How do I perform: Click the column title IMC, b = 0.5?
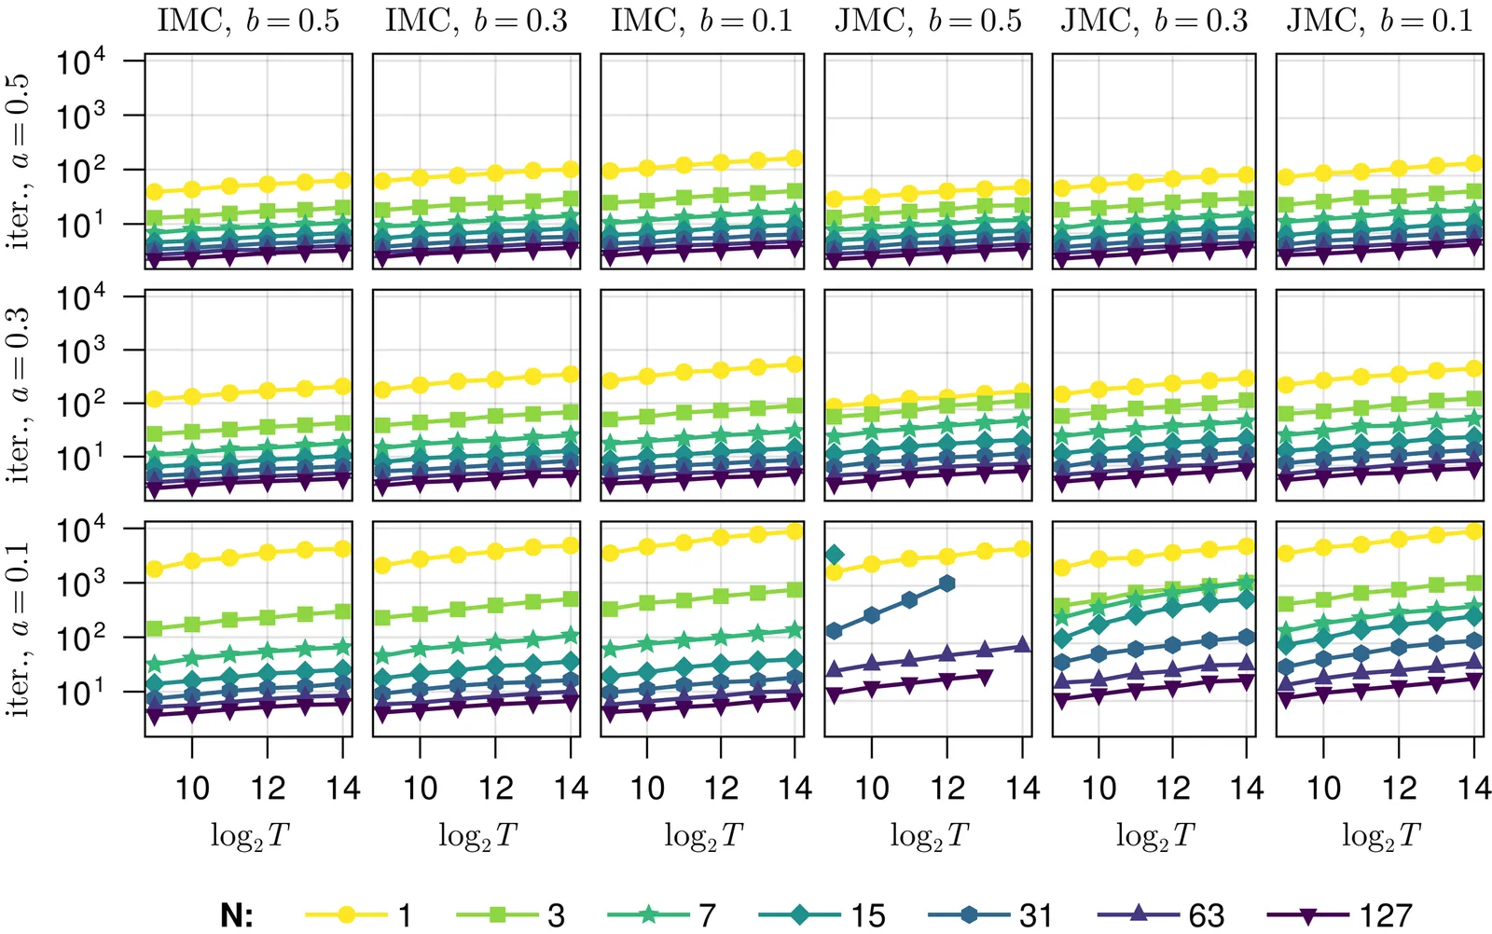248,21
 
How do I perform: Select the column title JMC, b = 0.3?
1154,21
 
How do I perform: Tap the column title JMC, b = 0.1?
1379,21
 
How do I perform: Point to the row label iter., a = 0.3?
21,395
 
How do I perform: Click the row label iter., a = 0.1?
21,629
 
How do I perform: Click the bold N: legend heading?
237,915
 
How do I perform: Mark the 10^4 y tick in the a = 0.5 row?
81,62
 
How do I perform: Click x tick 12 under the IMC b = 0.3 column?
495,789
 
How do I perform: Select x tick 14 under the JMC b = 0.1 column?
1474,789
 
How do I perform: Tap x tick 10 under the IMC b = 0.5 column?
192,789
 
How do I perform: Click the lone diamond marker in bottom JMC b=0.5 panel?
835,556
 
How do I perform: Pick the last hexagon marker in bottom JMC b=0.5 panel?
947,584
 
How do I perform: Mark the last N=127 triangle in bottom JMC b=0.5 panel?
986,676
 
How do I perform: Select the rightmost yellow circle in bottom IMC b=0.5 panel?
342,549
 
